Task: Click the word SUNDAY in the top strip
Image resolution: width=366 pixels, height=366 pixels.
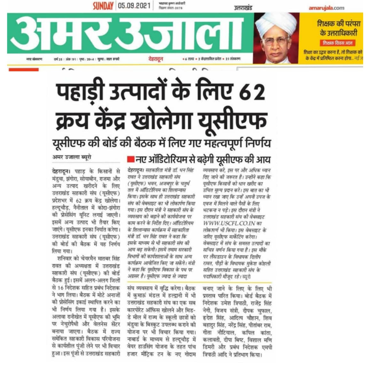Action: [x=103, y=6]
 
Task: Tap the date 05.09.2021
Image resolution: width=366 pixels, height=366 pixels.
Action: [x=134, y=6]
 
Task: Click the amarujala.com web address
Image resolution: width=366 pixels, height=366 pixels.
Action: [x=326, y=8]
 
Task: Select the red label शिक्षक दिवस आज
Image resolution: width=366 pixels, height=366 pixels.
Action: [x=337, y=43]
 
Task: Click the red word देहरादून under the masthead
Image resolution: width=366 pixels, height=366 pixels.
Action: [x=156, y=59]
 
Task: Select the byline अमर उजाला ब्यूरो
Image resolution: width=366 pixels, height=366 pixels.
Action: [x=72, y=157]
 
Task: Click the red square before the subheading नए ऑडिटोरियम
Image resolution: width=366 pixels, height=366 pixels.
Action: [x=130, y=159]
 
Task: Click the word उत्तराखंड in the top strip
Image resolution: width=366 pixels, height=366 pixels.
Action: [x=243, y=7]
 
